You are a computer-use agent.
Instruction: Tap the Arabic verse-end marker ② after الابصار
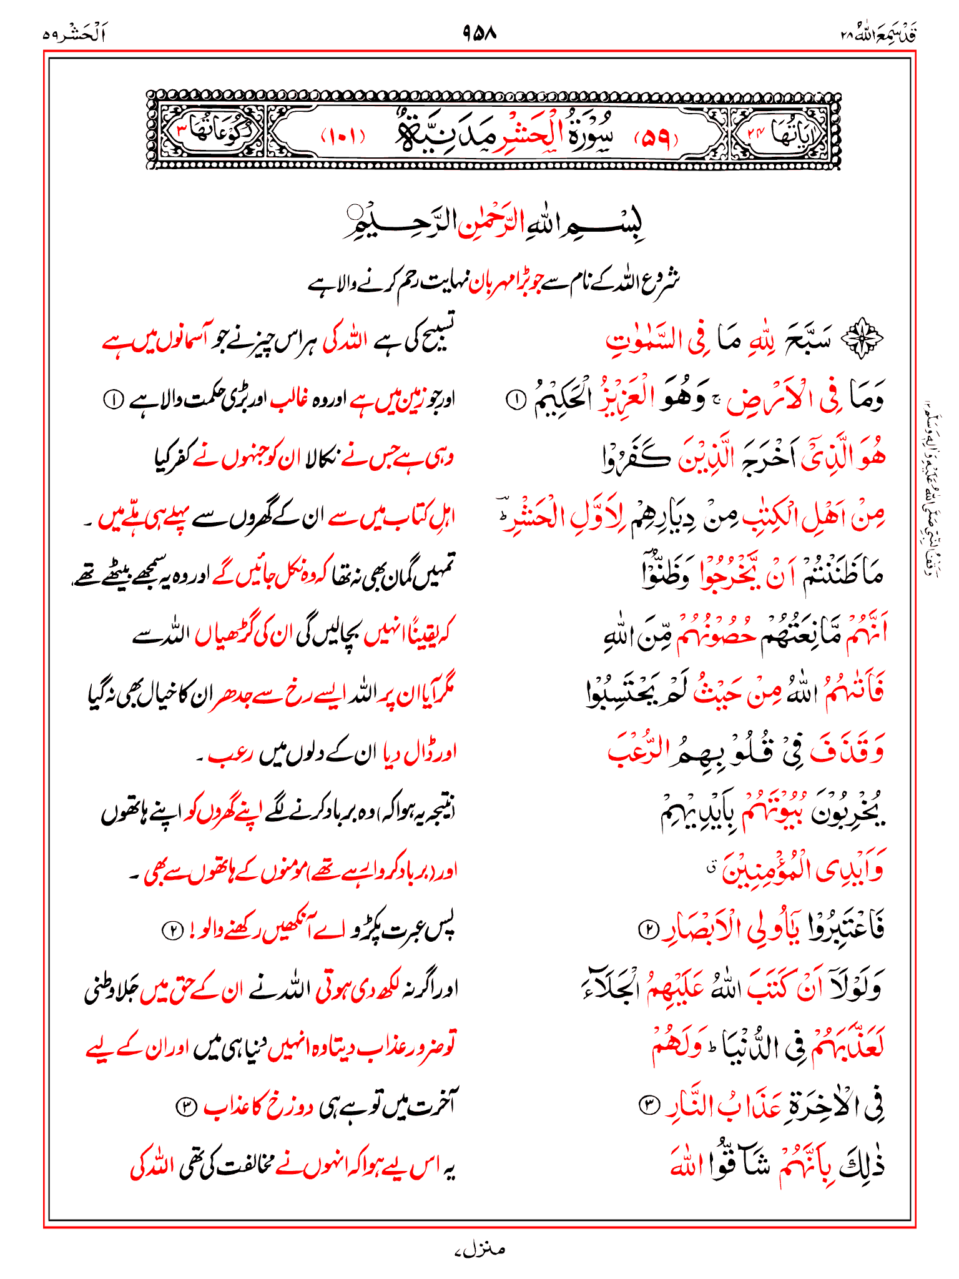647,930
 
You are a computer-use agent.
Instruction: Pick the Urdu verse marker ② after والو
170,931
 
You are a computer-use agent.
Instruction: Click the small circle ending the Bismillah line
356,210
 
